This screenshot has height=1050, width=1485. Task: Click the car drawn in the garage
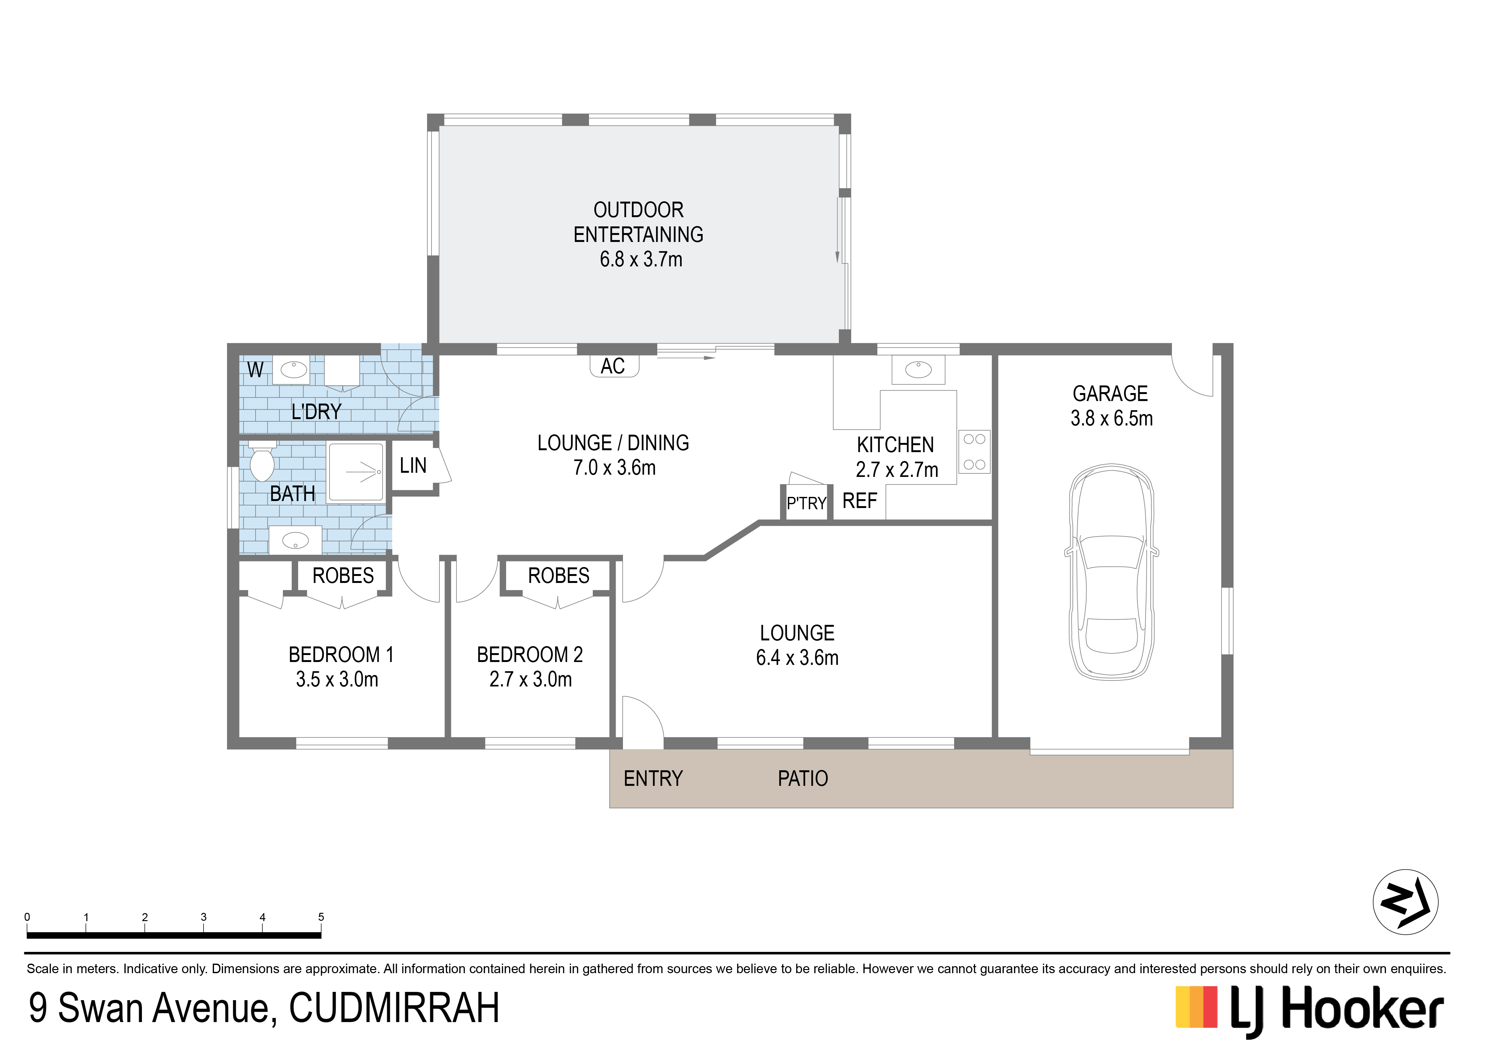[x=1111, y=572]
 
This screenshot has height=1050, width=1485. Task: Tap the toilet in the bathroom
[x=262, y=461]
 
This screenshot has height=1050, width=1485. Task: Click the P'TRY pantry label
[x=806, y=503]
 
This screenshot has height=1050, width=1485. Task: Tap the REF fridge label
[x=860, y=501]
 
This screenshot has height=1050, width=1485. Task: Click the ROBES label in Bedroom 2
[x=559, y=576]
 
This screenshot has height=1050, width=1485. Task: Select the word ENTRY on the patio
[x=653, y=778]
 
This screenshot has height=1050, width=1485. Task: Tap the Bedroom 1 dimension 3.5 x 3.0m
[x=337, y=679]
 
